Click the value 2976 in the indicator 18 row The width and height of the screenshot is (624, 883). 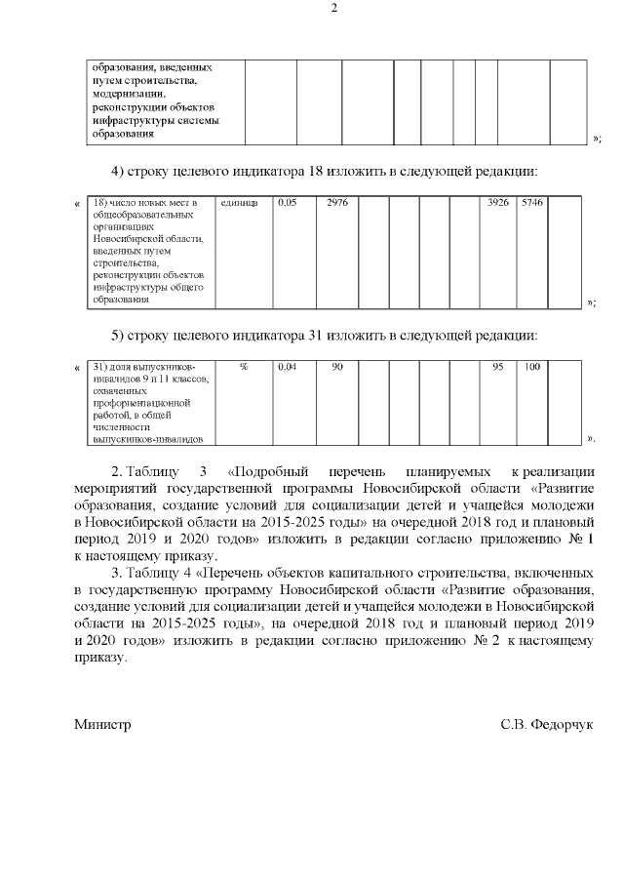(x=337, y=203)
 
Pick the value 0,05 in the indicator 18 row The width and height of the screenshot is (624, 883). (x=287, y=203)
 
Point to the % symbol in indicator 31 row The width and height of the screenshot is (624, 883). (x=244, y=367)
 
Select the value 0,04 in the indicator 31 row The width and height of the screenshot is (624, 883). (x=287, y=367)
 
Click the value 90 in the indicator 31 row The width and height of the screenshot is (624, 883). (x=337, y=367)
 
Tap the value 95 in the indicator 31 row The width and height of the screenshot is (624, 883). (x=498, y=367)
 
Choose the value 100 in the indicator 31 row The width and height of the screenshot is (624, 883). (x=532, y=367)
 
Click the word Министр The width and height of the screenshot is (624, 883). (x=102, y=726)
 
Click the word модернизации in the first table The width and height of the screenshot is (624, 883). (x=129, y=94)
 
